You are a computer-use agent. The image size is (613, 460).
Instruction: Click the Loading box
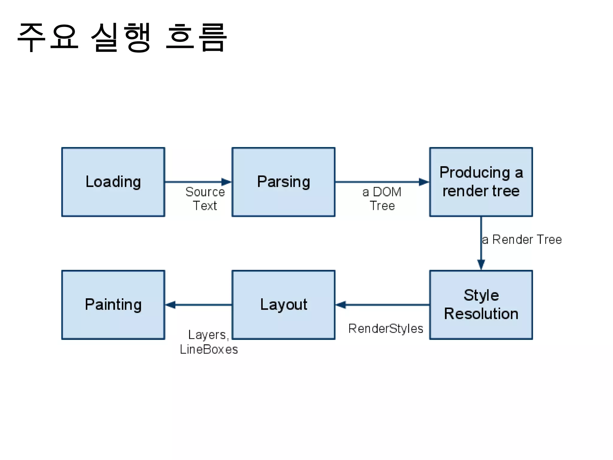point(113,182)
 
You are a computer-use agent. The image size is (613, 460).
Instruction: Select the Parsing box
point(283,182)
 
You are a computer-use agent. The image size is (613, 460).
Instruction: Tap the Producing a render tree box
point(481,182)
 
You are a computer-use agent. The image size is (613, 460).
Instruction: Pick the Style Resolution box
point(481,305)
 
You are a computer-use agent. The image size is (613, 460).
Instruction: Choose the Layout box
point(283,305)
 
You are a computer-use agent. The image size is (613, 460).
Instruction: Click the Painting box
point(113,305)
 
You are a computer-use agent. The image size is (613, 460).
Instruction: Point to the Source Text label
point(205,199)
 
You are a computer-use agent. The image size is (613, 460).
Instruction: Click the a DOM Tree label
point(382,199)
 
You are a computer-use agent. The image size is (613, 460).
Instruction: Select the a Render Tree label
point(522,240)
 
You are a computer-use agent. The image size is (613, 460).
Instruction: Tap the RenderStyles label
point(386,329)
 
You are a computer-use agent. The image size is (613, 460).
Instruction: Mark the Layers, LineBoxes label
point(209,342)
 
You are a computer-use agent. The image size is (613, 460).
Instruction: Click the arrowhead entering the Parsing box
point(226,182)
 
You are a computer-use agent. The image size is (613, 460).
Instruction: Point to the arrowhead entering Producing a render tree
point(424,182)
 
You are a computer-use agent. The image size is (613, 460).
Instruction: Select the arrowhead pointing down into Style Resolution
point(481,264)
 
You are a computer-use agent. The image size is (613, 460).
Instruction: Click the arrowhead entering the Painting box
point(171,305)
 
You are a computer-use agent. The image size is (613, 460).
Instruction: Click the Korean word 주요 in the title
point(48,37)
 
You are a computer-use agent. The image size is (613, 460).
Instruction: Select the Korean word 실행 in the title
point(121,37)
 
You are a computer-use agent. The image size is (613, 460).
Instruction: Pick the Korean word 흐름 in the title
point(196,37)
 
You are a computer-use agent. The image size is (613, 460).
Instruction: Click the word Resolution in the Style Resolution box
point(481,314)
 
